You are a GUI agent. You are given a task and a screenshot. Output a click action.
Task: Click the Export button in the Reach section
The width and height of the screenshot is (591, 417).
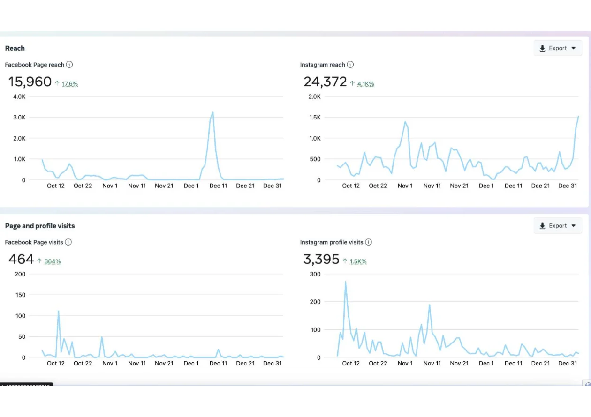[x=558, y=48]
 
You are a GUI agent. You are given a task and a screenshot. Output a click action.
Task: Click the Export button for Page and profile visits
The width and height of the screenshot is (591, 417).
[x=558, y=226]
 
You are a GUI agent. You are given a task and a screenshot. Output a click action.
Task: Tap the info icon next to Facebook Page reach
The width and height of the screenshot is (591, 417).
[x=69, y=65]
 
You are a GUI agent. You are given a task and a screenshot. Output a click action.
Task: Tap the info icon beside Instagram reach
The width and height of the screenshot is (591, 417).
[x=350, y=65]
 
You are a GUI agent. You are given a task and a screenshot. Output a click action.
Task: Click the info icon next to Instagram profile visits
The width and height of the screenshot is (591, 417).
[x=369, y=242]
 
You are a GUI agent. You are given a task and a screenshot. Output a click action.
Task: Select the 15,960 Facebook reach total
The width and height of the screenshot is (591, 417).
[x=30, y=82]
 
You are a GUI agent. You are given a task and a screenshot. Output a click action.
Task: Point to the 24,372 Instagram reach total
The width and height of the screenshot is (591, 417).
[x=325, y=82]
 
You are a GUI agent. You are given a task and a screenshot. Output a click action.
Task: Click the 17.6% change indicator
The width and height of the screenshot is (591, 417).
[x=69, y=84]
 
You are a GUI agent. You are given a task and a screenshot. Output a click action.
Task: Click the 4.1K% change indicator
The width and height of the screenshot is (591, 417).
[x=365, y=84]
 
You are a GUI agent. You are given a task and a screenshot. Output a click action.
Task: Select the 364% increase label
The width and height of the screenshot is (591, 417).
[x=53, y=261]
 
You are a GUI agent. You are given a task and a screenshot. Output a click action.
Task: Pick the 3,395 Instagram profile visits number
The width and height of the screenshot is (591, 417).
[x=321, y=260]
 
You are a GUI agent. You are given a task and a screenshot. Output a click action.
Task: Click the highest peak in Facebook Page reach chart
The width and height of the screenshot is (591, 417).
[x=213, y=112]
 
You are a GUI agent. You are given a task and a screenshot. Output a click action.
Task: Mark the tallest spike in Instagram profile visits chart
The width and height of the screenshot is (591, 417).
[x=346, y=282]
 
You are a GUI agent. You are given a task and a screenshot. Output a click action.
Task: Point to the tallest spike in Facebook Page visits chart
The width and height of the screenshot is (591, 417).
[x=59, y=311]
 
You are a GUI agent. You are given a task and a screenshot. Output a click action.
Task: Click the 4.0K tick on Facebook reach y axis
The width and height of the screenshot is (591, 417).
[x=19, y=97]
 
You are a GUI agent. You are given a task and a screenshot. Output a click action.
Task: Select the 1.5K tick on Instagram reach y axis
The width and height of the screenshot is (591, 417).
[x=314, y=118]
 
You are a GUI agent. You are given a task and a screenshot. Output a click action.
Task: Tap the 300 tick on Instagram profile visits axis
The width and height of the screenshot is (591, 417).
[x=315, y=274]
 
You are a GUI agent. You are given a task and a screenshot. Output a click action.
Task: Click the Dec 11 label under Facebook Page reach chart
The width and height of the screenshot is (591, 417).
[x=218, y=186]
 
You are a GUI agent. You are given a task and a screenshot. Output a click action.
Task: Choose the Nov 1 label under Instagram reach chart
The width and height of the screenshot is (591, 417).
[x=405, y=186]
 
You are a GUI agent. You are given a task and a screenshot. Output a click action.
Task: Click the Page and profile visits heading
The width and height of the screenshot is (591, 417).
[x=40, y=226]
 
